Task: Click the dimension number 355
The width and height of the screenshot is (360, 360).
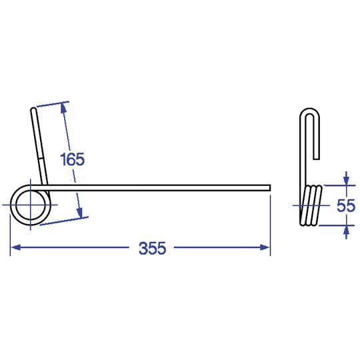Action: pos(152,248)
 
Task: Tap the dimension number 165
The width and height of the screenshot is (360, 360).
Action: pos(72,159)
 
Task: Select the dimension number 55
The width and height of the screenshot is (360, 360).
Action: pos(346,205)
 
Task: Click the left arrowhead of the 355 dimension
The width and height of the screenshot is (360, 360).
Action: pos(15,247)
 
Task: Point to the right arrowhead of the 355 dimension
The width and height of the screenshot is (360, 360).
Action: pos(265,247)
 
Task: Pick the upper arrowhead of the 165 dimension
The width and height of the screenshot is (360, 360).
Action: pos(63,108)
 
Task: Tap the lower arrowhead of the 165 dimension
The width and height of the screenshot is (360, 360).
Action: pos(80,213)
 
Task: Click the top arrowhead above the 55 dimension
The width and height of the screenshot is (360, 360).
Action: pos(347,180)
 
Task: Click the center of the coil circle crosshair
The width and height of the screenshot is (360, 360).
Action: pos(30,205)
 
